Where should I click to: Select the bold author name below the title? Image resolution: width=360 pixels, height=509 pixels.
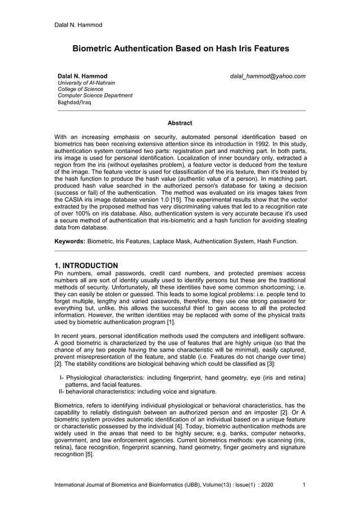(x=82, y=76)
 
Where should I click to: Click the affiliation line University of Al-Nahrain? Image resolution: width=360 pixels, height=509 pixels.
(x=86, y=83)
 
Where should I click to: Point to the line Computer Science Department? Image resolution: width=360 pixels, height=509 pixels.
(x=95, y=95)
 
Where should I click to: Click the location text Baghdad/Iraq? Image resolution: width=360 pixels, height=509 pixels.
(x=74, y=103)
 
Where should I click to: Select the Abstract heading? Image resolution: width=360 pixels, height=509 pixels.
(x=180, y=123)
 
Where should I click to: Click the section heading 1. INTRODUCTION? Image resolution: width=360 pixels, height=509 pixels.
(x=86, y=265)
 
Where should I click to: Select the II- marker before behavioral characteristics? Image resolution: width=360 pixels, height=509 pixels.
(x=62, y=390)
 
